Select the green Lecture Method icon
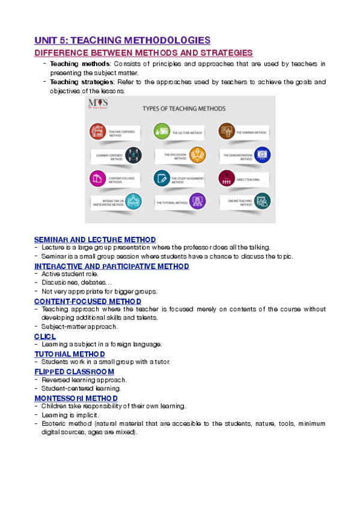160,131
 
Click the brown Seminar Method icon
226,131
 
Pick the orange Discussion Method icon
197,155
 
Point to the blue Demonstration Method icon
263,155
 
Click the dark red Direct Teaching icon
226,179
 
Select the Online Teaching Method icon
263,201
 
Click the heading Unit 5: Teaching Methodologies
122,40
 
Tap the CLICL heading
45,336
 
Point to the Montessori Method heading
76,398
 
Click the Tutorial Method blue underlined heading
70,354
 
